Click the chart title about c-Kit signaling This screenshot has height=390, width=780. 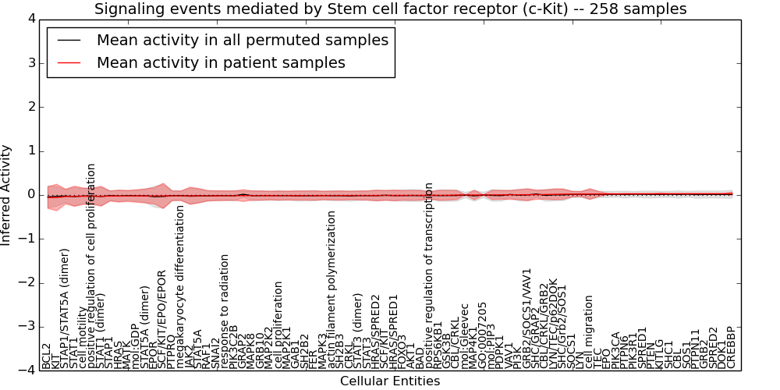coord(390,9)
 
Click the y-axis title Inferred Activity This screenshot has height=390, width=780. coord(7,194)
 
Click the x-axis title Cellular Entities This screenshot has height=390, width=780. coord(390,381)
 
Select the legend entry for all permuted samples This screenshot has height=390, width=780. coord(242,40)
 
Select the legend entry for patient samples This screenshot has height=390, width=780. coord(221,62)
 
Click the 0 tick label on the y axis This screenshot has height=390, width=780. coord(30,194)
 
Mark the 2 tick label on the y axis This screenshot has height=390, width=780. coord(30,107)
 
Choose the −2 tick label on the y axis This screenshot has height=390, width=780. coord(27,282)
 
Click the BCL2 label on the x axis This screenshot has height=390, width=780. coord(46,356)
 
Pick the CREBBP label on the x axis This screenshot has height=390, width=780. coord(731,348)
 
